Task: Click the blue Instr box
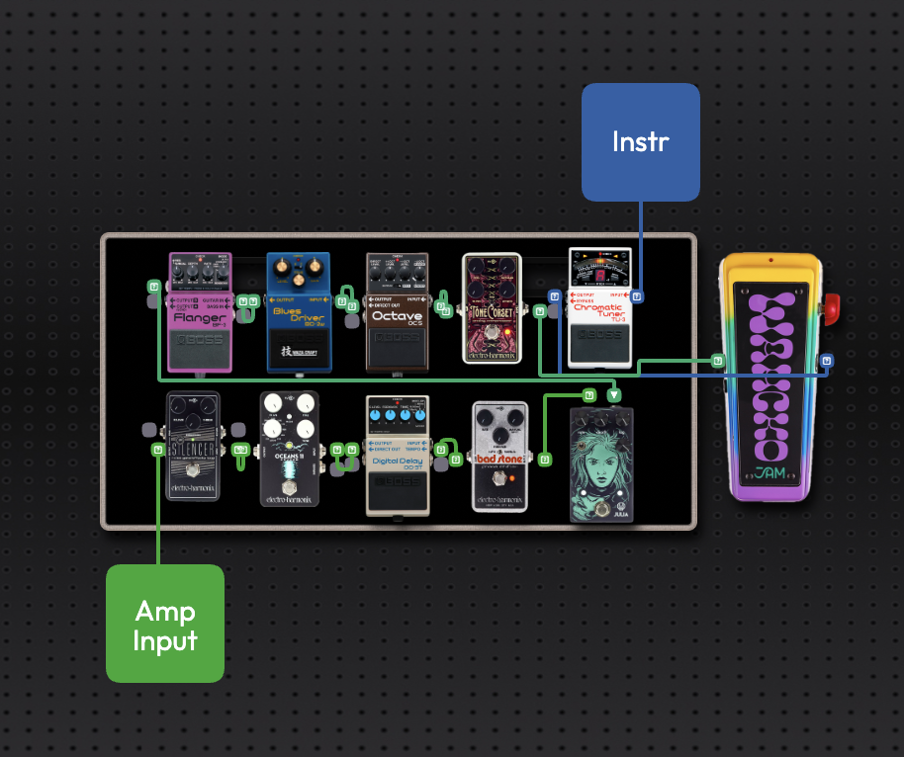pos(640,142)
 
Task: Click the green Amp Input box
pos(165,624)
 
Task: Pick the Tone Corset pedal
pos(494,308)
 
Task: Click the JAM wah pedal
pos(771,376)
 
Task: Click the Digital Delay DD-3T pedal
pos(397,455)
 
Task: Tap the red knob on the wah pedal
pos(831,308)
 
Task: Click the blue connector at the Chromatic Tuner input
pos(638,295)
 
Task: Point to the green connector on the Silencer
pos(157,451)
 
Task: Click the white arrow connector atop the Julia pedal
pos(614,395)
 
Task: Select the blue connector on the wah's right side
pos(827,361)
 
